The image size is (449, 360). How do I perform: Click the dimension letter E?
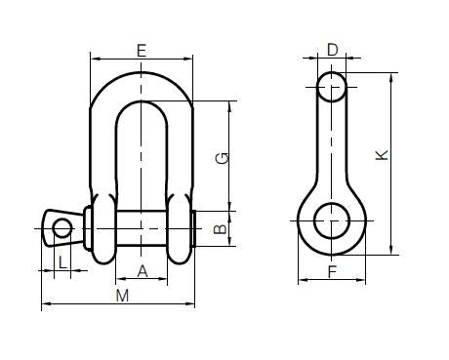143,48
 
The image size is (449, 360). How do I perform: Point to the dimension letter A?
143,271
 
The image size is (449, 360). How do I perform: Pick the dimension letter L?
62,260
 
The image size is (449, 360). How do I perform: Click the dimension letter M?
122,296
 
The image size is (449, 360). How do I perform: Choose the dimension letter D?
332,49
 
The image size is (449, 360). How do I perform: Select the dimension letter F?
332,272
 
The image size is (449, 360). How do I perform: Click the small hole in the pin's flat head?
63,228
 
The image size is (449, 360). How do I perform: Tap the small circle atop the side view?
332,86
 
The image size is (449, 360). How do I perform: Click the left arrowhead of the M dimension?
45,305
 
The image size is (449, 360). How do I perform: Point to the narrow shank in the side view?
332,146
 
